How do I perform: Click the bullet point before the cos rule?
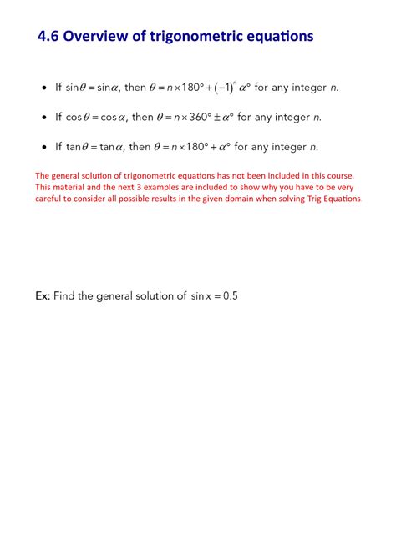click(x=44, y=118)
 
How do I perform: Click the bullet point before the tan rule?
click(x=44, y=148)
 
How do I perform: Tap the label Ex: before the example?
click(x=43, y=296)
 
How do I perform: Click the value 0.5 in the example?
click(x=231, y=296)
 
